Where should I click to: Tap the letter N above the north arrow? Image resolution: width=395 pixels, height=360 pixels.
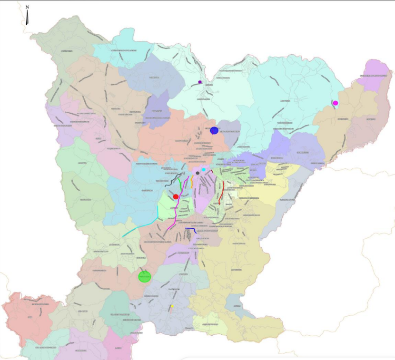tap(28, 7)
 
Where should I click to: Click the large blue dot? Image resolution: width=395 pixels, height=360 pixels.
tap(214, 131)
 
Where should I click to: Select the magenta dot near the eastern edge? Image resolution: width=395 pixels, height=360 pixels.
tap(336, 103)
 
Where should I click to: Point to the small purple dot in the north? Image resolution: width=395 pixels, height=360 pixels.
tap(200, 82)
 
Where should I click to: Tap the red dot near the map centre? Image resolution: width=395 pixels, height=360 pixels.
tap(176, 196)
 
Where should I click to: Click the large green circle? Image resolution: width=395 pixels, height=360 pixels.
tap(144, 276)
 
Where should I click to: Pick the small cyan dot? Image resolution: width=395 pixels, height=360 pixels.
tap(204, 169)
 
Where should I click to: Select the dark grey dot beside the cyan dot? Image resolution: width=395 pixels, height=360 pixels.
tap(197, 173)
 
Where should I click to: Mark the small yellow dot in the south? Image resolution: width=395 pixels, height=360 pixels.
tap(172, 307)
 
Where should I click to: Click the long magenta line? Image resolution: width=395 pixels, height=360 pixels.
tap(176, 209)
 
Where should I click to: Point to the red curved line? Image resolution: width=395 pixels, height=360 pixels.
tap(221, 193)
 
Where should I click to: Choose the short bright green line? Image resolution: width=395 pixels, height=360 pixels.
tap(179, 182)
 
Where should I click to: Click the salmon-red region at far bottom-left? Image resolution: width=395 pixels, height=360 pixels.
tap(29, 314)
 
